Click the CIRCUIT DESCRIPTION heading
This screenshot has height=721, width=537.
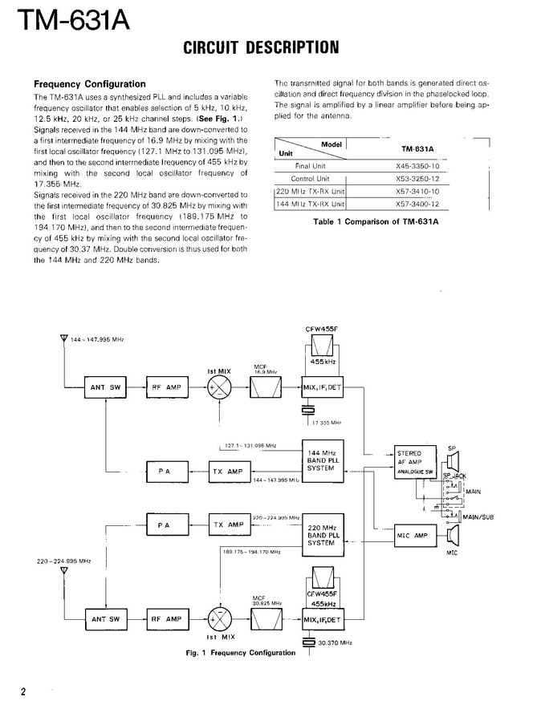click(x=261, y=47)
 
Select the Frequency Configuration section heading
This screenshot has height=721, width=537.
click(x=88, y=83)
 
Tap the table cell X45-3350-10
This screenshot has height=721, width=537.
click(x=417, y=166)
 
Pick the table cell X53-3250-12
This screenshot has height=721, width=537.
click(x=417, y=179)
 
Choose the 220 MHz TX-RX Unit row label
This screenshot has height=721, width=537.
click(x=310, y=192)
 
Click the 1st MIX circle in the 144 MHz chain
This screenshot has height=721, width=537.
click(x=219, y=387)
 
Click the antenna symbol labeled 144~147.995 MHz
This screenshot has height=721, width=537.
click(x=65, y=340)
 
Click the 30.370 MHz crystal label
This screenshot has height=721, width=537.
click(x=334, y=642)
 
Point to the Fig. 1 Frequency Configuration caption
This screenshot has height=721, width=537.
click(x=241, y=653)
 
